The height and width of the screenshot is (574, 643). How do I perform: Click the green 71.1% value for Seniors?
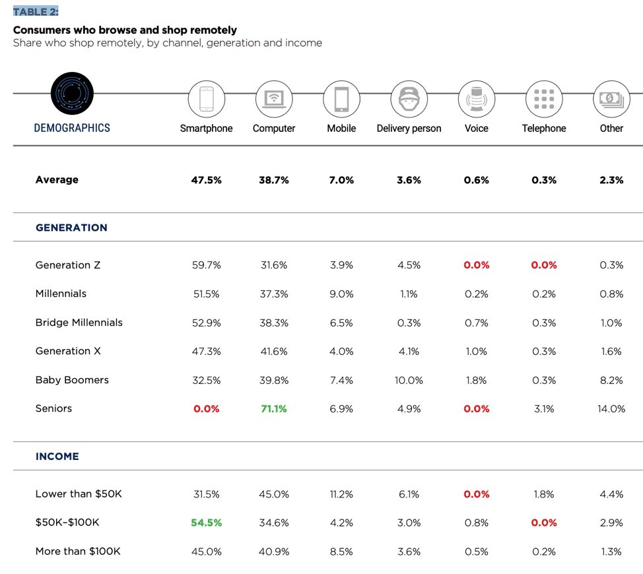tap(274, 409)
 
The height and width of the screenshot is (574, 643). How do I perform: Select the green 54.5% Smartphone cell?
tap(206, 523)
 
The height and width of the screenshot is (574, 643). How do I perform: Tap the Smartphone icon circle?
tap(207, 99)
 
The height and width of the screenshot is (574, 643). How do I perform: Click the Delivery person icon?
tap(409, 99)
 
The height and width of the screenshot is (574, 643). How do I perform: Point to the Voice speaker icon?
tap(477, 99)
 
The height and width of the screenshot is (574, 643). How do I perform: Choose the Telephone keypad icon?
tap(544, 99)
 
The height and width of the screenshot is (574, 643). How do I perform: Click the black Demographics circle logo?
tap(72, 94)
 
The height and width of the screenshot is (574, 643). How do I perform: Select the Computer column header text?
tap(274, 128)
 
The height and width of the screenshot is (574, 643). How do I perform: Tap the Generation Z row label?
tap(68, 265)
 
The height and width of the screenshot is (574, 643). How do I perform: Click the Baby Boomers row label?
tap(72, 380)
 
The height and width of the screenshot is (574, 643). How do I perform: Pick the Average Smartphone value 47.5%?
tap(206, 180)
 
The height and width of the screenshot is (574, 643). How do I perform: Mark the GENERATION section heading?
tap(71, 228)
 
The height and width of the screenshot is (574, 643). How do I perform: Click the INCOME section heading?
tap(57, 456)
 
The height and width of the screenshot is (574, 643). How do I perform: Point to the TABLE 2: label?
tap(36, 11)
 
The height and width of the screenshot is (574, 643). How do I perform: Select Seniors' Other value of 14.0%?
tap(611, 409)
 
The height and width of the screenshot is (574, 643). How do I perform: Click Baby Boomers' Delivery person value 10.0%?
tap(409, 380)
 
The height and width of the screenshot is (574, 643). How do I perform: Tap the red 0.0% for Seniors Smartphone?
tap(206, 409)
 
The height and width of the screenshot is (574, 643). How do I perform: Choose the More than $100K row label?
tap(78, 551)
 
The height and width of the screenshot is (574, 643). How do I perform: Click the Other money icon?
tap(611, 99)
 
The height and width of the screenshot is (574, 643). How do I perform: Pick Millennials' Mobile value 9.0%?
tap(341, 294)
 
